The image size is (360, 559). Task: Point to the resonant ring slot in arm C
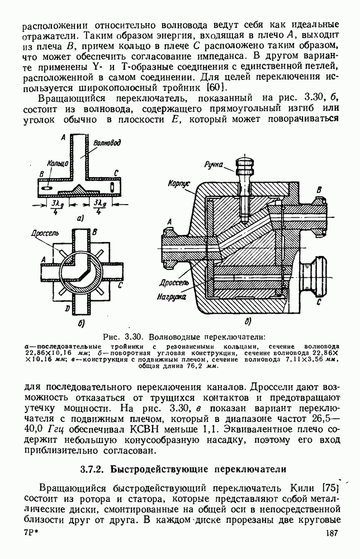pos(115,186)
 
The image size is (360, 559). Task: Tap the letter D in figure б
pos(67,309)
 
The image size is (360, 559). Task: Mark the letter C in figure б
pos(121,285)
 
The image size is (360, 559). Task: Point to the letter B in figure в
pos(319,190)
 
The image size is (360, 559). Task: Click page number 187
pos(332,548)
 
